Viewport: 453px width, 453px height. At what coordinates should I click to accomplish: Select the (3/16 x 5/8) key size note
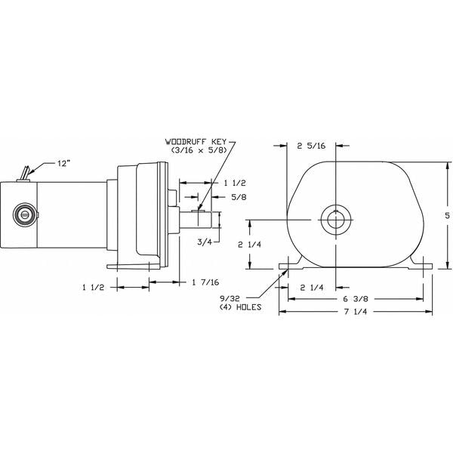[x=199, y=151]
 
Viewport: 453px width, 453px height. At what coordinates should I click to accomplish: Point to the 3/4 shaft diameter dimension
[x=204, y=242]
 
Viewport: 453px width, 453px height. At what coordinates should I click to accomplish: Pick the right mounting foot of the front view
[x=419, y=264]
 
